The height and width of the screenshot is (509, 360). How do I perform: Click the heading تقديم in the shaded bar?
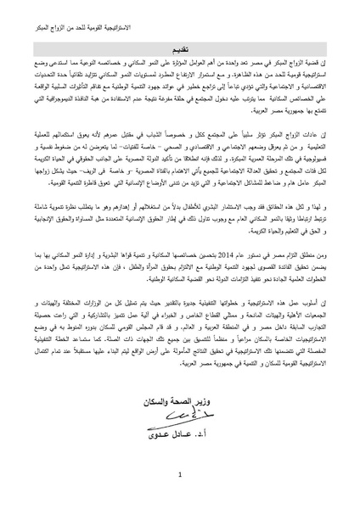point(181,50)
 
